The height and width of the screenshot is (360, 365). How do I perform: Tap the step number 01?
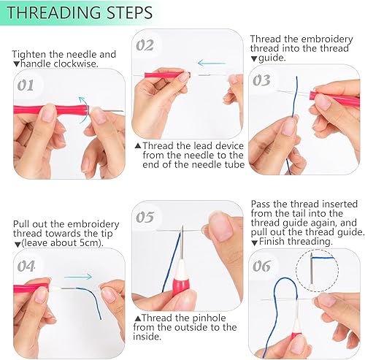26,85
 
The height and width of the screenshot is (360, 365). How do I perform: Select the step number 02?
145,45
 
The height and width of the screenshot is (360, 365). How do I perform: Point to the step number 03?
261,80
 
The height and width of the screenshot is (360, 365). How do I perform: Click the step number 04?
26,266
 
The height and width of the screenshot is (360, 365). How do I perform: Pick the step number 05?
145,217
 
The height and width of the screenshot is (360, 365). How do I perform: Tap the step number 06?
261,266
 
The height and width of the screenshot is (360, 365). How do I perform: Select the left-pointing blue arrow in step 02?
212,64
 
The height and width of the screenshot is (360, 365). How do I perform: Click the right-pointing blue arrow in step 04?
78,277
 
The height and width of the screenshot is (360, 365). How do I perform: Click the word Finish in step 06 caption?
272,242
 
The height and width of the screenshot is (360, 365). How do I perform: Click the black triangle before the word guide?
254,58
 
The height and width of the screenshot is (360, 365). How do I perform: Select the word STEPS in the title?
130,12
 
